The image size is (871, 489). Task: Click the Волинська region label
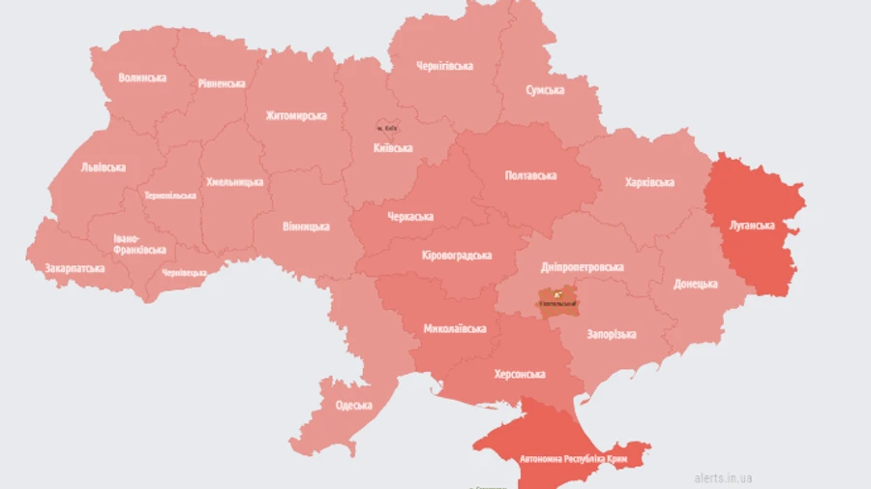[142, 77]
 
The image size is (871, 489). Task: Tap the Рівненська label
[222, 83]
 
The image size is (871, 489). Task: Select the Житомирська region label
[296, 116]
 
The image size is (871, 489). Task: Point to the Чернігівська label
[444, 66]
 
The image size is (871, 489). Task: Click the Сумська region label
[545, 90]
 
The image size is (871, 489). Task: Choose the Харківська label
[649, 182]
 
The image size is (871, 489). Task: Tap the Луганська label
[751, 226]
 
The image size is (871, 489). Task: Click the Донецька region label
[696, 284]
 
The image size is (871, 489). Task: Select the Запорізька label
[612, 334]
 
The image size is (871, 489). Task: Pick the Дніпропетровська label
[582, 267]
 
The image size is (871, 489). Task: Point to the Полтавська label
[530, 175]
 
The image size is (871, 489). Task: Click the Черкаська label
[410, 216]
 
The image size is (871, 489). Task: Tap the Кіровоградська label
[457, 256]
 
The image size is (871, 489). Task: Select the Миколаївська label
[455, 328]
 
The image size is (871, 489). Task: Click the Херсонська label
[519, 374]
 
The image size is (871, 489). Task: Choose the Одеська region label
[353, 405]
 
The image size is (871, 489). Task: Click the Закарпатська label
[75, 267]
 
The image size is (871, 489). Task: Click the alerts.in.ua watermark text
[723, 477]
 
